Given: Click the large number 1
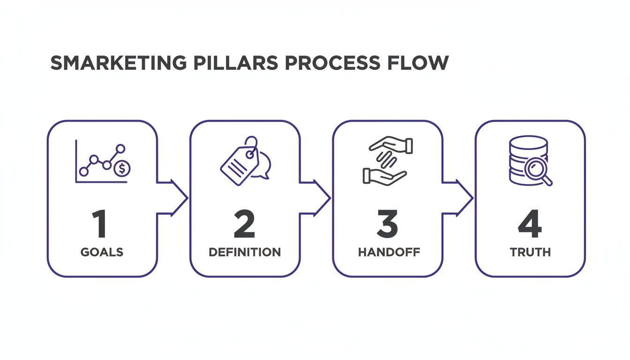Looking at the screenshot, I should coord(99,224).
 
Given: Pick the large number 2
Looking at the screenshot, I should coord(244,224).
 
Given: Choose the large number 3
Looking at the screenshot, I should coord(387,224).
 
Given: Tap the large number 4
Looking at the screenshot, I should coord(530,224).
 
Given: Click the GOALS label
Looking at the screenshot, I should coord(102,252).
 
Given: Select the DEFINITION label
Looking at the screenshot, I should coord(245,252).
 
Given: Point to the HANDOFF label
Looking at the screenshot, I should coord(389,252).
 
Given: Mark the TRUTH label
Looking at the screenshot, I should coord(530,252).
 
